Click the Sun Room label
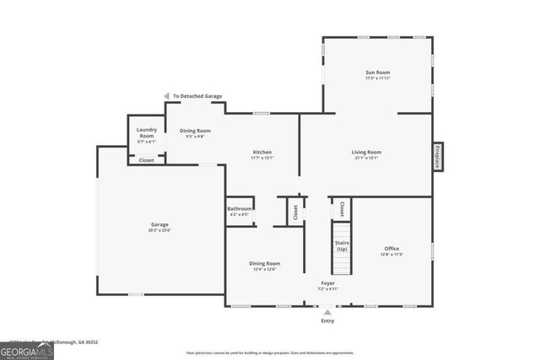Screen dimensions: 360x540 377,73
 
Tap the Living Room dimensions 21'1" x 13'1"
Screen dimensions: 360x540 366,158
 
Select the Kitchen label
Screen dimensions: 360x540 262,152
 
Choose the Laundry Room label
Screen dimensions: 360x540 146,132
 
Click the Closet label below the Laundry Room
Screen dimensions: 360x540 146,159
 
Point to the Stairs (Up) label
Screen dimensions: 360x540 342,247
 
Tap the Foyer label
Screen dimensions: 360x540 327,282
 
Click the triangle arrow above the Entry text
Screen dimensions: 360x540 327,311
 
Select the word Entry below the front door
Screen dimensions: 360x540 327,320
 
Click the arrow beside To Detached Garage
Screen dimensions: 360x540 167,96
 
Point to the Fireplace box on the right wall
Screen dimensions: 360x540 437,157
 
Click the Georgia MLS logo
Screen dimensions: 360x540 26,350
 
